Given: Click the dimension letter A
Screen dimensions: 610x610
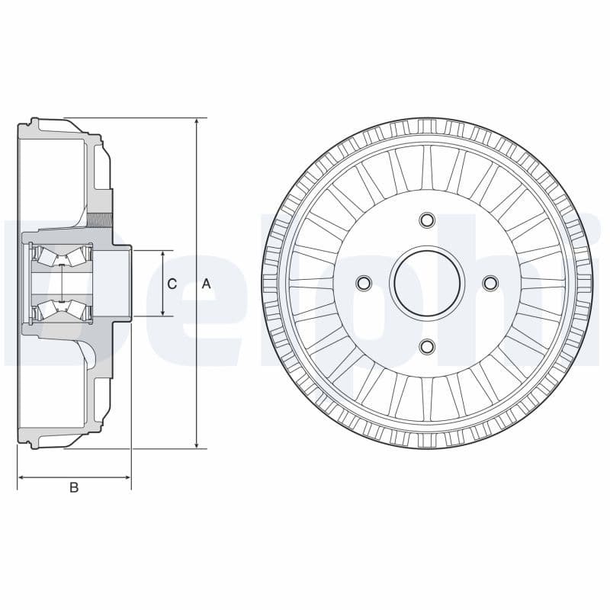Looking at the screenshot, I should [x=206, y=284].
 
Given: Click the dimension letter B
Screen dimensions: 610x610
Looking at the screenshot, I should [x=74, y=487].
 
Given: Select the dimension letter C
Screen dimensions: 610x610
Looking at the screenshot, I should [x=172, y=284].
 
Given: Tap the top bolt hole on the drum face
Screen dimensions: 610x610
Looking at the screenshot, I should [x=427, y=221].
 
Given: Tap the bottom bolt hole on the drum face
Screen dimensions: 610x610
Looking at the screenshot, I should [x=427, y=347].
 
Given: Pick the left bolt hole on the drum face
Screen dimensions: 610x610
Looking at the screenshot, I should [x=364, y=284].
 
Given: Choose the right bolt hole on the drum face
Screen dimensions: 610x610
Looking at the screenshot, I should [x=490, y=284].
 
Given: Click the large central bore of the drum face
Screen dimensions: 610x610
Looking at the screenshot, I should [x=427, y=284].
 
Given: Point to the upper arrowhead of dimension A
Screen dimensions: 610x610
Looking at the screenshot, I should [x=197, y=123].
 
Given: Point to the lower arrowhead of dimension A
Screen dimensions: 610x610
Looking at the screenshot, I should [x=197, y=444].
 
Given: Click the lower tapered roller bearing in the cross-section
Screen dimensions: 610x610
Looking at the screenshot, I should [x=60, y=309].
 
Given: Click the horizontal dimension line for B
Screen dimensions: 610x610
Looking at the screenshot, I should [x=74, y=477].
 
